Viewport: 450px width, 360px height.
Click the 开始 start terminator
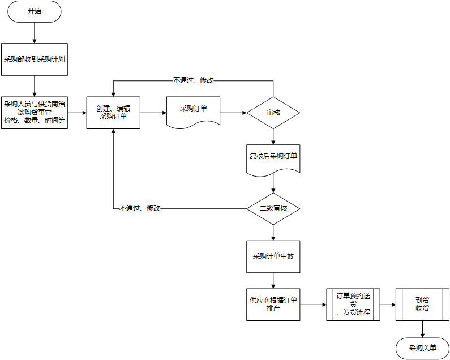pos(35,12)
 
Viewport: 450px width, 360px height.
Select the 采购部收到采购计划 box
pos(35,59)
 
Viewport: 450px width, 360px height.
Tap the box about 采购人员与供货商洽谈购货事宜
pos(35,112)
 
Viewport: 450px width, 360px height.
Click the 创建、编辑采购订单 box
pos(113,113)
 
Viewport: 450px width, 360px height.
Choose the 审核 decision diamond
pos(273,113)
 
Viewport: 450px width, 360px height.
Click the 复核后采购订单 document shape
pos(273,157)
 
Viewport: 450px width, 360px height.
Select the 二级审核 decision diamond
pos(273,208)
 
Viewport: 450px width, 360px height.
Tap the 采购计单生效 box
pos(273,256)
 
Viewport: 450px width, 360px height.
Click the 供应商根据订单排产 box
pos(273,305)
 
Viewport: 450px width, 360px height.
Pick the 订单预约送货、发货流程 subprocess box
pos(353,305)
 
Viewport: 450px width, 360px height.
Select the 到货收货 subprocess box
pos(422,305)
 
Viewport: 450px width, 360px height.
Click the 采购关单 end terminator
pos(422,348)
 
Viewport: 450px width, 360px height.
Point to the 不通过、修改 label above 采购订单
pos(193,80)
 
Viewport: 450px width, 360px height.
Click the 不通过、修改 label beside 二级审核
pos(140,208)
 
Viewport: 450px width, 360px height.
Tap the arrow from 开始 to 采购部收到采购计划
pos(35,33)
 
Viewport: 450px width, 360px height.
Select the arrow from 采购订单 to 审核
pos(233,113)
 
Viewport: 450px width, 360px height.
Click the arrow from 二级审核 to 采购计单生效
pos(273,232)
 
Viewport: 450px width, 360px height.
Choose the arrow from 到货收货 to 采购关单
pos(422,329)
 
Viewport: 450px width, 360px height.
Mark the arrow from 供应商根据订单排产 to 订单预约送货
pos(313,305)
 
